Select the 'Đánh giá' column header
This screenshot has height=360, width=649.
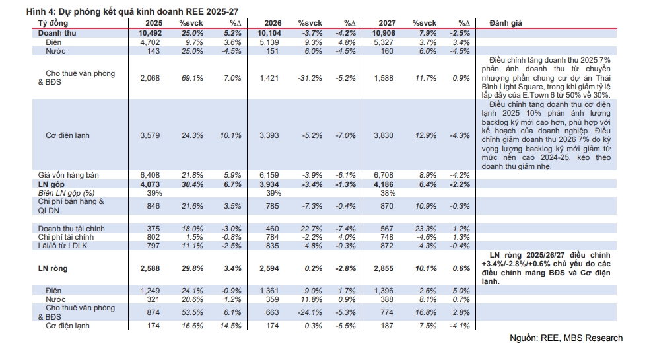pyautogui.click(x=506, y=23)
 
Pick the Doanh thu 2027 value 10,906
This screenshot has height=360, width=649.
pyautogui.click(x=385, y=32)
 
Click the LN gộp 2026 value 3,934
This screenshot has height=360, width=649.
pyautogui.click(x=269, y=184)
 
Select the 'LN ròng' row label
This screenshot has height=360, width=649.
pyautogui.click(x=53, y=269)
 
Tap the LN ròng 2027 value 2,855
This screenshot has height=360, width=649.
pyautogui.click(x=385, y=269)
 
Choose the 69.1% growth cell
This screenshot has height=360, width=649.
pyautogui.click(x=191, y=78)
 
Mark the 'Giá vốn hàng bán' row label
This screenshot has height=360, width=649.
pyautogui.click(x=69, y=174)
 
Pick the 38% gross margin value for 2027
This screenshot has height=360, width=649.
pyautogui.click(x=388, y=192)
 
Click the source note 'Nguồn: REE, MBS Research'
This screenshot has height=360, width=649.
pyautogui.click(x=566, y=338)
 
